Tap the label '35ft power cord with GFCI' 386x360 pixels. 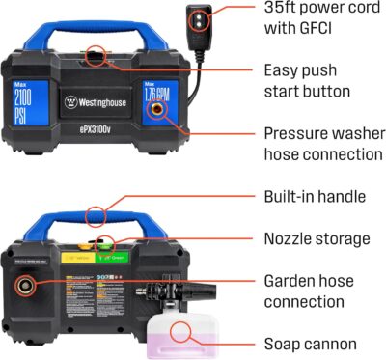(312, 19)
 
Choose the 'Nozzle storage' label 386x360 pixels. (315, 237)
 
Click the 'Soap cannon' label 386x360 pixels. (311, 343)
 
